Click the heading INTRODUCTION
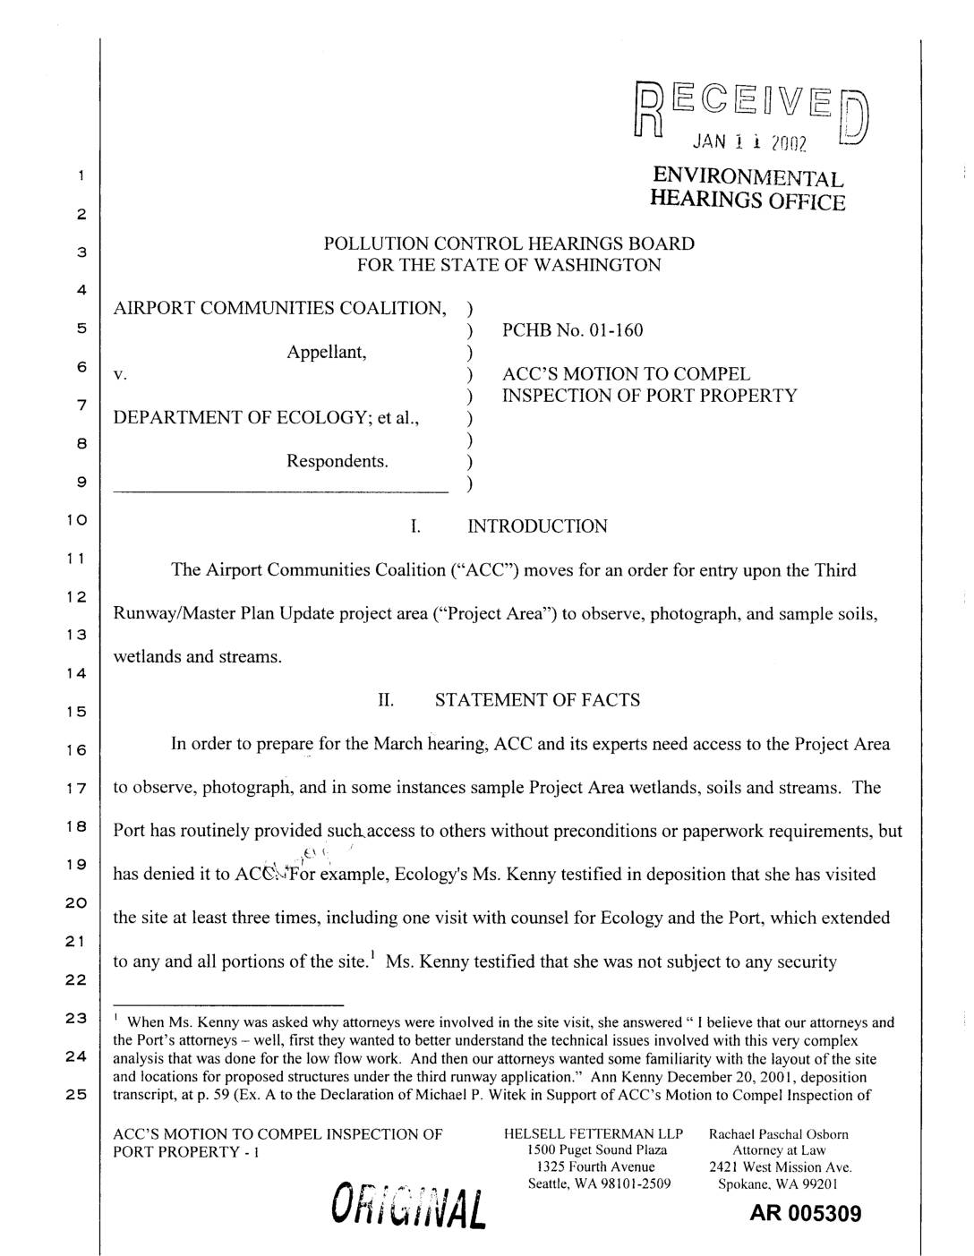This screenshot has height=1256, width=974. coord(537,526)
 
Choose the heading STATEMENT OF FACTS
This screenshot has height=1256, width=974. coord(537,700)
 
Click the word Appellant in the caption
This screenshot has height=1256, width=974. coord(326,352)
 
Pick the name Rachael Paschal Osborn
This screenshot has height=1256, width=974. coord(779,1134)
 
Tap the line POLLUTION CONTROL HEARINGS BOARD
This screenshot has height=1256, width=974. coord(508,244)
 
